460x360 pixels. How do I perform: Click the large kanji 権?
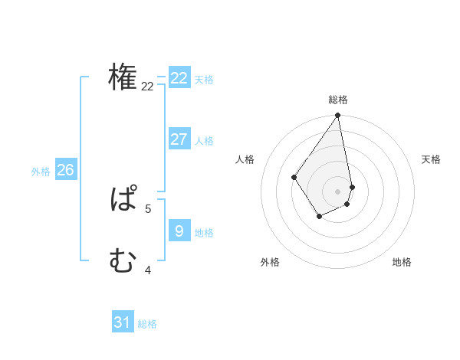[123, 77]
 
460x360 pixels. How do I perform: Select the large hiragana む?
[123, 262]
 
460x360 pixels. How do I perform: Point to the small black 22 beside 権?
[147, 87]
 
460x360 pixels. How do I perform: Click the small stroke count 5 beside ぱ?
[148, 208]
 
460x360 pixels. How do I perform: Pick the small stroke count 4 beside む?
[148, 269]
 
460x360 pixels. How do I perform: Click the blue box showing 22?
[179, 78]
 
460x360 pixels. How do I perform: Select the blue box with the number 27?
[179, 139]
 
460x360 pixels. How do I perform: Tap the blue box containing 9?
[179, 230]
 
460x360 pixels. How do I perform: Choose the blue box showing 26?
[65, 169]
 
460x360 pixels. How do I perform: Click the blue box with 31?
[122, 322]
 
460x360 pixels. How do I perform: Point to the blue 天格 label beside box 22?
[204, 80]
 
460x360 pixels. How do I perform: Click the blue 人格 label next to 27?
[204, 141]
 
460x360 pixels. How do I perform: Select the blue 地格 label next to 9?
[204, 233]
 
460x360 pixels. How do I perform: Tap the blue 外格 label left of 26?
[41, 172]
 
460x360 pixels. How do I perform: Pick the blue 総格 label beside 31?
[147, 325]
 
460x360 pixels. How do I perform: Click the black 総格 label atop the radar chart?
[338, 100]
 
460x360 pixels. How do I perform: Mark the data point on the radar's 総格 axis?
[338, 116]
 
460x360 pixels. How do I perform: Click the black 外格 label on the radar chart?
[270, 262]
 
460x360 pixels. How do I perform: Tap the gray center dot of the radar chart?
[338, 191]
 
